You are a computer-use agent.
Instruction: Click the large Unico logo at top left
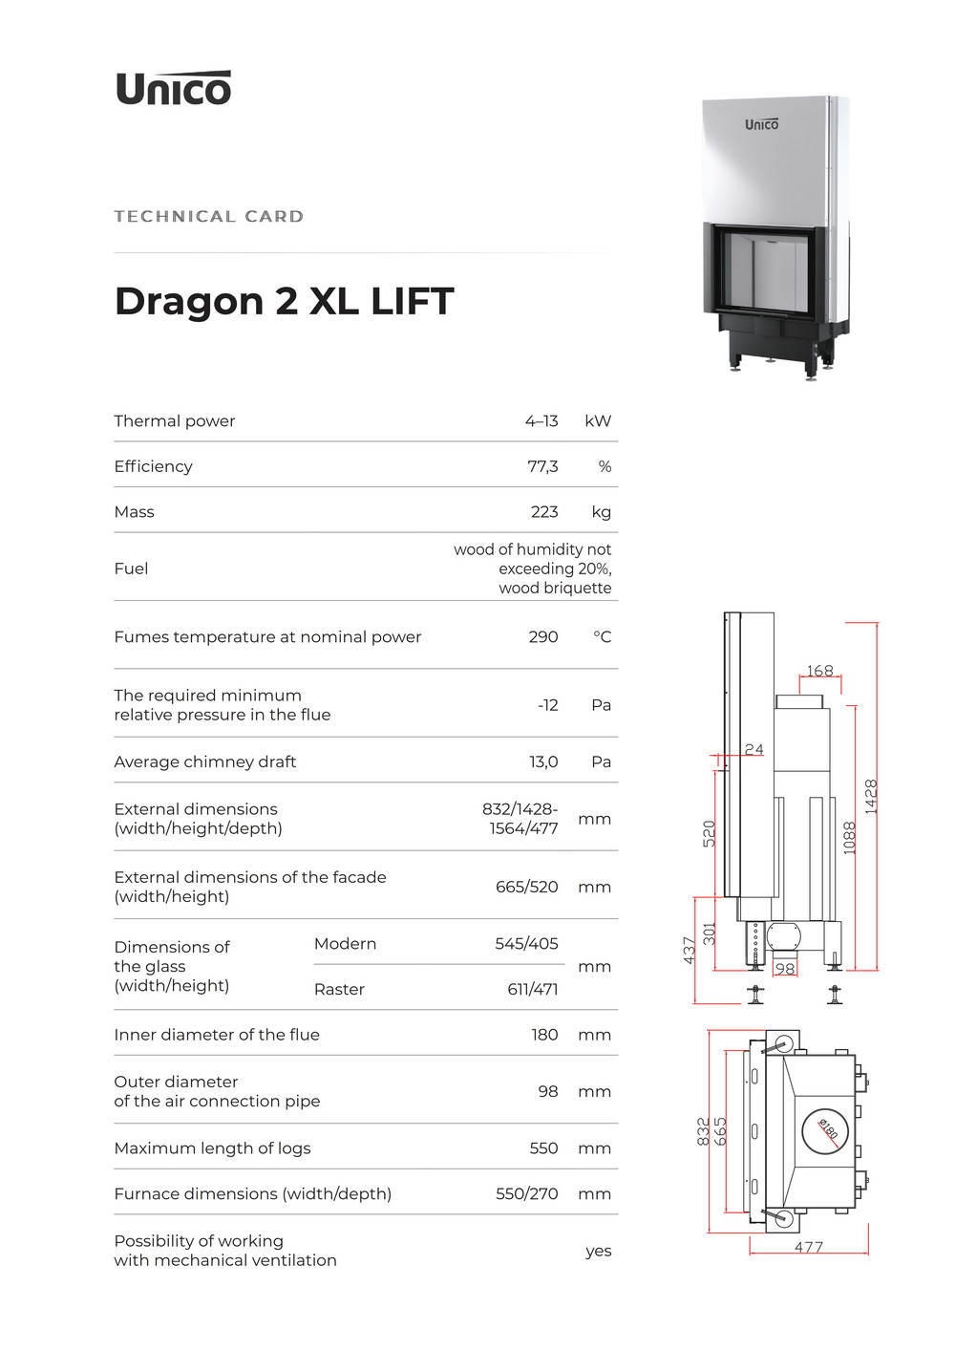[174, 88]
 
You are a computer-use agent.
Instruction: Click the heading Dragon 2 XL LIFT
[284, 301]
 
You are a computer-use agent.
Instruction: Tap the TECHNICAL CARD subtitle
[208, 217]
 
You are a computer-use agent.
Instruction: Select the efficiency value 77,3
[542, 466]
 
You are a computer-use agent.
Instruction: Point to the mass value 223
[544, 511]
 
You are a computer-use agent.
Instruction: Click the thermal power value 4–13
[541, 421]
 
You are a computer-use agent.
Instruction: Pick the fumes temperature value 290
[543, 637]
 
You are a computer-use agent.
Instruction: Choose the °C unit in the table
[603, 637]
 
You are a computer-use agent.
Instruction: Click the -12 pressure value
[548, 705]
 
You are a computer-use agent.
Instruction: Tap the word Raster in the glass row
[339, 989]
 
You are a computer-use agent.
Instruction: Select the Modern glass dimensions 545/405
[526, 943]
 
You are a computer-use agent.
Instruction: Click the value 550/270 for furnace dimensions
[527, 1193]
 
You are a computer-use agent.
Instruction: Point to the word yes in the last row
[599, 1251]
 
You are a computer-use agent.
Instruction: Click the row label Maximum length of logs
[212, 1148]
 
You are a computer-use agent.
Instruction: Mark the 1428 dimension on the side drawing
[871, 796]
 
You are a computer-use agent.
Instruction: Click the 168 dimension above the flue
[820, 670]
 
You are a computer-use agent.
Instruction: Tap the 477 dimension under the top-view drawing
[809, 1247]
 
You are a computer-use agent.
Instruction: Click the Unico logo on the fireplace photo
[761, 124]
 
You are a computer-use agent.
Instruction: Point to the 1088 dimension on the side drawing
[850, 838]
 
